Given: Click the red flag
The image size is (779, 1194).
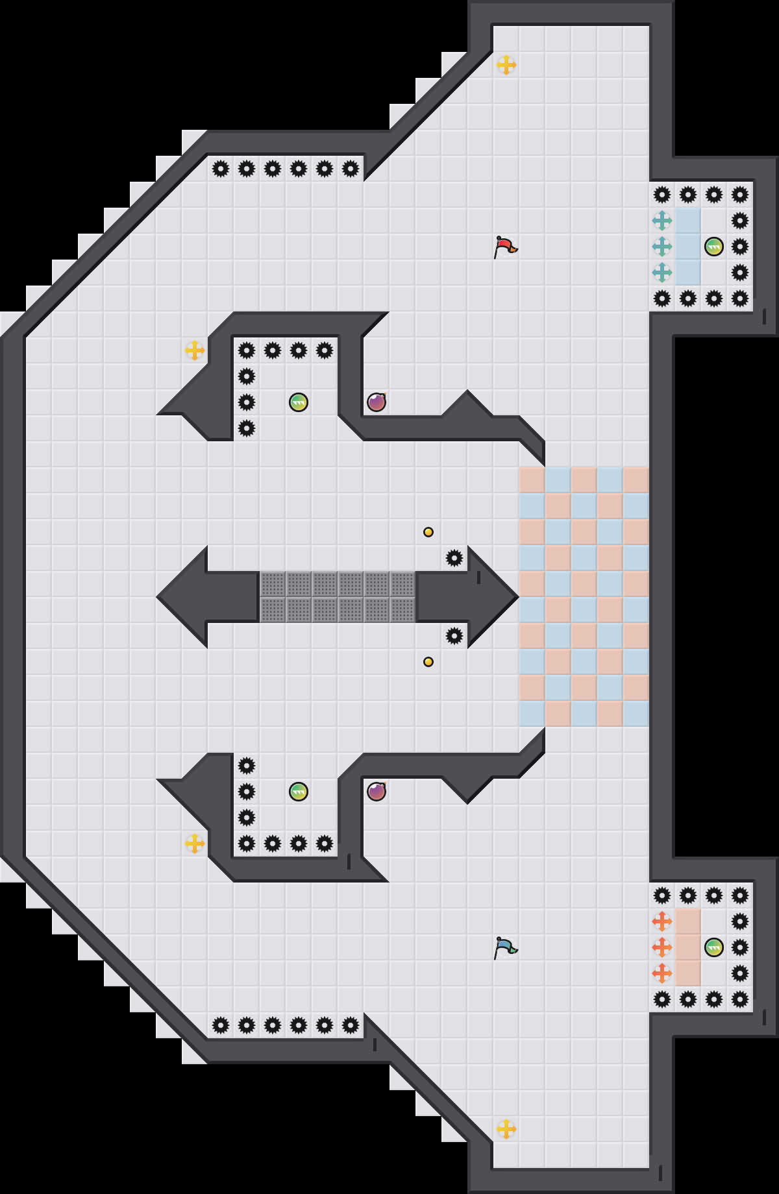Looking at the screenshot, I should pos(505,247).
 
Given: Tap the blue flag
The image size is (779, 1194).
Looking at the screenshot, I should pos(505,947).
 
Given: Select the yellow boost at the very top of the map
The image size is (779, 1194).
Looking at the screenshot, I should pos(506,65).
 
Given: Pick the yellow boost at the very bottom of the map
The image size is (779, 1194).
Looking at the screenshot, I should pos(506,1129).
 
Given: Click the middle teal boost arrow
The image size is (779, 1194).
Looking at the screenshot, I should pos(662,247).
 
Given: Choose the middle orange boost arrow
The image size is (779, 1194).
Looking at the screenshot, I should pos(662,947).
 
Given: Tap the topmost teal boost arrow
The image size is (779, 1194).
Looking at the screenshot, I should pos(662,221).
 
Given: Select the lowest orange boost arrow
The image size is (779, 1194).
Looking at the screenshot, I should pos(662,973).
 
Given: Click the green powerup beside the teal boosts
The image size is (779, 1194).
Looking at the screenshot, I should pos(714,247).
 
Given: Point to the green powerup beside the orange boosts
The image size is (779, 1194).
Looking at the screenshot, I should pos(714,947).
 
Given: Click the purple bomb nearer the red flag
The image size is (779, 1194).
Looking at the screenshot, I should pos(377,402).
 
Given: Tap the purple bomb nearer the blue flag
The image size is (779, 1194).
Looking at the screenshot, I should pos(377,792).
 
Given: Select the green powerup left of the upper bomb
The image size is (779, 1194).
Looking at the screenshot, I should pos(299,402).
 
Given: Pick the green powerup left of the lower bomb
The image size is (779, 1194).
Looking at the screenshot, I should pos(299,792).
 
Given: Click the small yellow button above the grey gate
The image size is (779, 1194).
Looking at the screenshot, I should pos(428,532).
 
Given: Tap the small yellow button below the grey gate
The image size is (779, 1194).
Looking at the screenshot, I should pos(428,662).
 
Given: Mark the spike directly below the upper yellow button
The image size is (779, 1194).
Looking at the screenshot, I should pos(454,558).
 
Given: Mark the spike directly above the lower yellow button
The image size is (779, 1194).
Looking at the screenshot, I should pos(454,636).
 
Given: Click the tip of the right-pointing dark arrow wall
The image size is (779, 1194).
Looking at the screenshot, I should pos(516,597).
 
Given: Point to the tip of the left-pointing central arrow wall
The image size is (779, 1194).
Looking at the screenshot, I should pos(159,597).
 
